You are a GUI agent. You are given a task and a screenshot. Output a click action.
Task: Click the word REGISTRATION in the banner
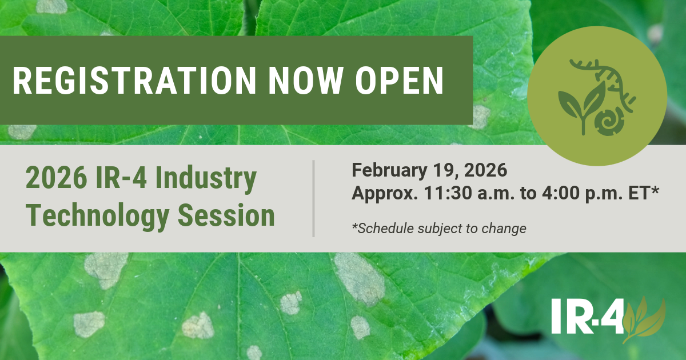(x=134, y=81)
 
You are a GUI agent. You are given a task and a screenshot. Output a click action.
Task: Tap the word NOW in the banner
(x=305, y=81)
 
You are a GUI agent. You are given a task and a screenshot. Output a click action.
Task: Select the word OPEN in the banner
(x=400, y=81)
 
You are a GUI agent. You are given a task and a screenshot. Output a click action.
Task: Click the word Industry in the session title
(x=206, y=179)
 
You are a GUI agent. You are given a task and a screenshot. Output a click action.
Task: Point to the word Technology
(x=97, y=216)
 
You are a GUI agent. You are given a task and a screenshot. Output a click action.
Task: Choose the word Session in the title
(x=226, y=215)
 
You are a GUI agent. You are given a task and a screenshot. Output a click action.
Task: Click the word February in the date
(x=389, y=171)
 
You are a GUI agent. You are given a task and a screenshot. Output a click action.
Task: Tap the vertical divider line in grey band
(x=314, y=198)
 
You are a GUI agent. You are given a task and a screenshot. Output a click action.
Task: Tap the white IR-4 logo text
(x=588, y=317)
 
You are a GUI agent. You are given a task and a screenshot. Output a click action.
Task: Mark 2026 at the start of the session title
(x=57, y=178)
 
